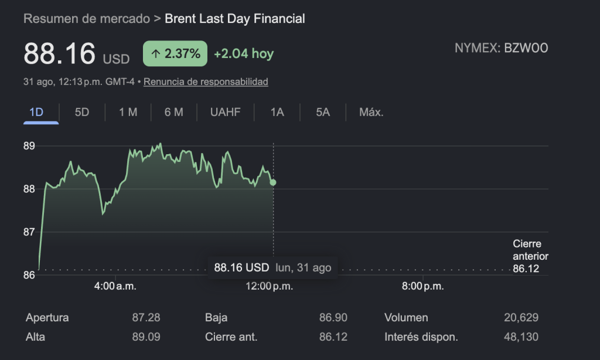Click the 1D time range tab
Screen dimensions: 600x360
point(36,112)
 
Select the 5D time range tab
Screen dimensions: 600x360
point(82,112)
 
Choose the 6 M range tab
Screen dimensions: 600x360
point(173,112)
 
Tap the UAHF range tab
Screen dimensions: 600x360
point(226,112)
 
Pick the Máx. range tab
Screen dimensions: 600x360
point(371,112)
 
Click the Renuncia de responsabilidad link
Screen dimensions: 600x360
point(206,81)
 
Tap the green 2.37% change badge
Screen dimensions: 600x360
point(175,53)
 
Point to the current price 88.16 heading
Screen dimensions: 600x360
point(59,53)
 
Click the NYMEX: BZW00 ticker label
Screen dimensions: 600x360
point(502,48)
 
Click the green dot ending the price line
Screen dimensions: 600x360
point(273,183)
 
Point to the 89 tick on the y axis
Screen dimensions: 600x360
point(29,146)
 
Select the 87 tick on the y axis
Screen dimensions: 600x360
point(29,232)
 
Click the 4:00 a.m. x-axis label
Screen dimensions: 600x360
point(115,286)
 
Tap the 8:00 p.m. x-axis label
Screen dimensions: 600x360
point(423,286)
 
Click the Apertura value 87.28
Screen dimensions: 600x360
point(146,317)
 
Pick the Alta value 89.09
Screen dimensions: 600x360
point(146,337)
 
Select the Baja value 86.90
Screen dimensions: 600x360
point(333,317)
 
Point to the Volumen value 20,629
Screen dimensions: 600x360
point(521,317)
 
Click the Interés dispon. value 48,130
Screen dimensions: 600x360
point(521,337)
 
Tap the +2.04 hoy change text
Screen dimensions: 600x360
point(244,53)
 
